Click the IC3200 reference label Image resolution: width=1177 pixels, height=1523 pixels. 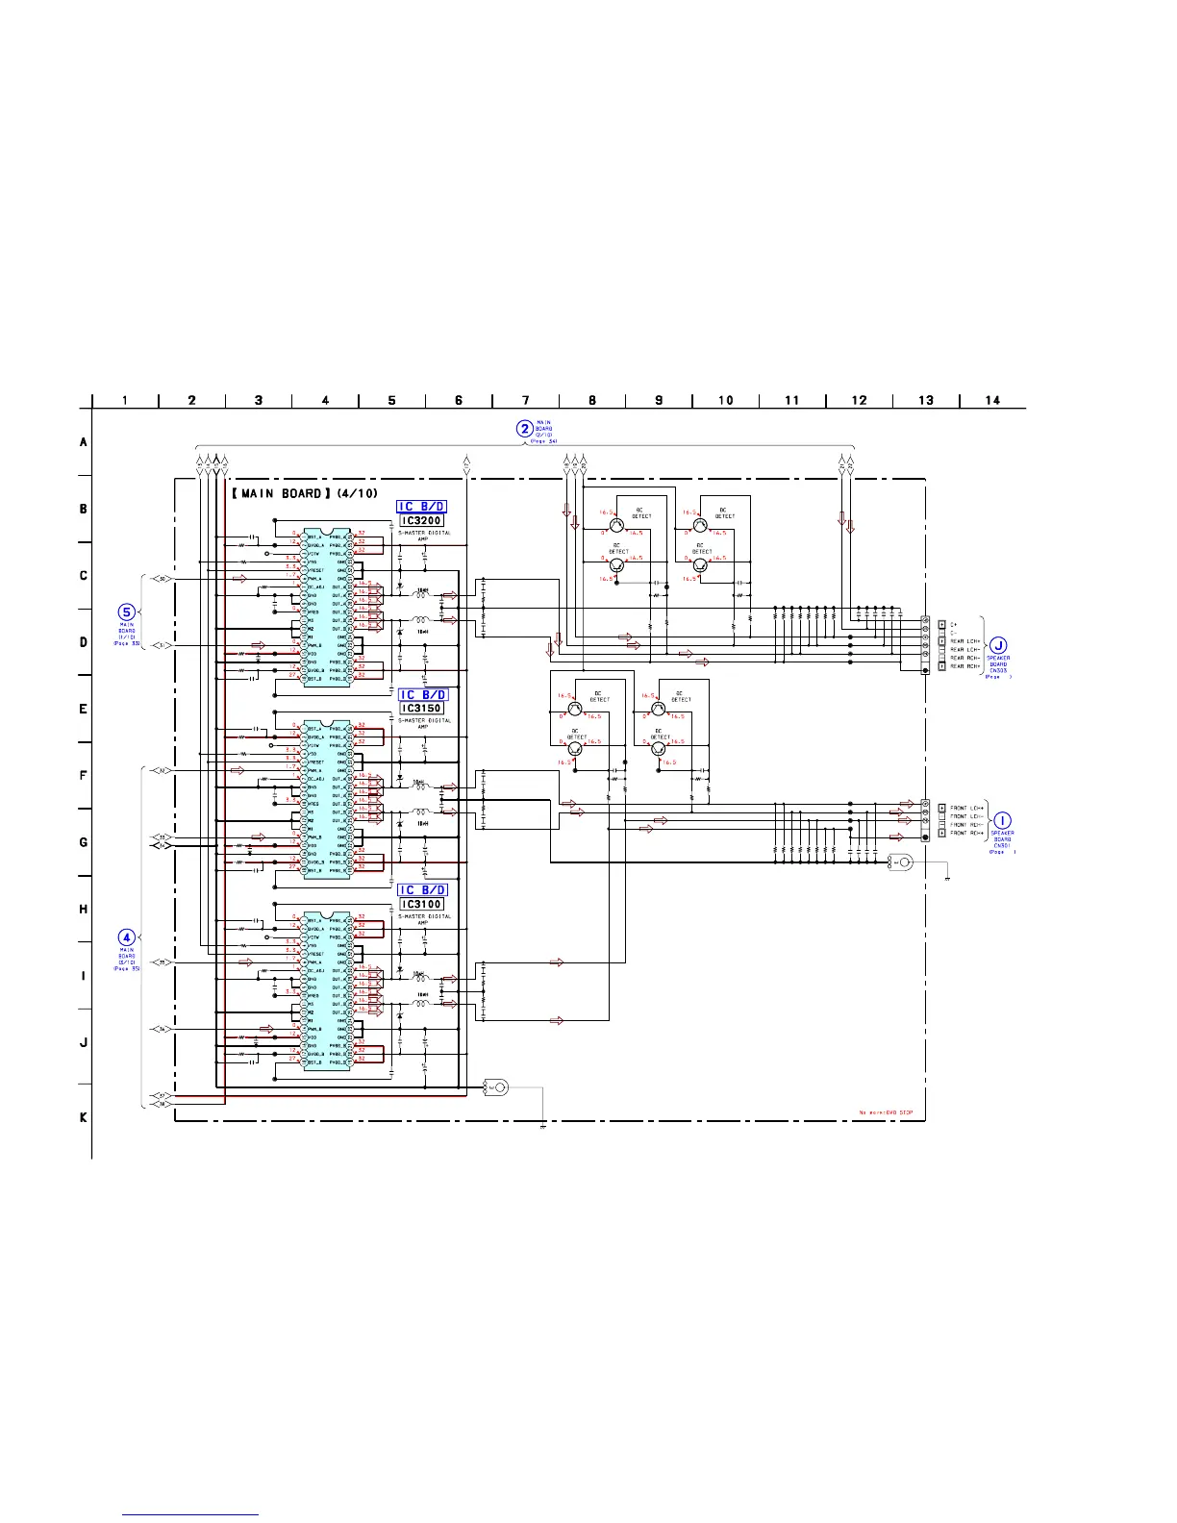[421, 521]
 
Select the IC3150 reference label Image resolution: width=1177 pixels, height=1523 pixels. [421, 709]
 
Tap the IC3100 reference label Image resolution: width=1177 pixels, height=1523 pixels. [421, 904]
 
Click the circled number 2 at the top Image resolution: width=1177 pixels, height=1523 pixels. [524, 429]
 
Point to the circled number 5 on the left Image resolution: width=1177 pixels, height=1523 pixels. [126, 612]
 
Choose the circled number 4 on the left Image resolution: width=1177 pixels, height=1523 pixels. [126, 936]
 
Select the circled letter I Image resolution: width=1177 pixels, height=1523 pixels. [1001, 820]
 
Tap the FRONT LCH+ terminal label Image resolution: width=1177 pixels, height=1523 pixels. [965, 808]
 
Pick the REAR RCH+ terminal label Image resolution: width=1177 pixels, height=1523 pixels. [965, 666]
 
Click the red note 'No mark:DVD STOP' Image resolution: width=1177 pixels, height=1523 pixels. [885, 1113]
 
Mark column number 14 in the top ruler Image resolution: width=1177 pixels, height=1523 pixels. [992, 400]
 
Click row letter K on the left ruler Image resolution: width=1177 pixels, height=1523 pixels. [84, 1117]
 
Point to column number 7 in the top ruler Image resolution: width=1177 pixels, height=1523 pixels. [525, 400]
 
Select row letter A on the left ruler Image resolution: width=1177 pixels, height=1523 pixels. [84, 442]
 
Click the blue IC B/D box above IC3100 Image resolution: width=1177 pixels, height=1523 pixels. [422, 890]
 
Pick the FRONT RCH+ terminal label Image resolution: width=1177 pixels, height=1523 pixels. [965, 834]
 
